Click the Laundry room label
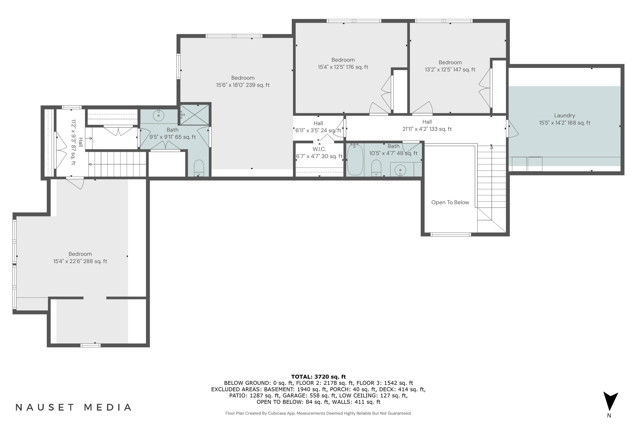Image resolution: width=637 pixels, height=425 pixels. [x=564, y=115]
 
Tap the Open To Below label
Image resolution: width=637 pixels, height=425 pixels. [x=450, y=202]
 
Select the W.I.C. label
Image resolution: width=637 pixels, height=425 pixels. [x=319, y=149]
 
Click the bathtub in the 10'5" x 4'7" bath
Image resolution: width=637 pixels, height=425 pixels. [x=355, y=160]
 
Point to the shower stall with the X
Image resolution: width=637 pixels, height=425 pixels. [x=194, y=115]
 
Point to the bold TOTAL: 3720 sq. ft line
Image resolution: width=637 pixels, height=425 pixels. [x=318, y=377]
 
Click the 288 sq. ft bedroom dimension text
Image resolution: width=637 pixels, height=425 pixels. [x=80, y=261]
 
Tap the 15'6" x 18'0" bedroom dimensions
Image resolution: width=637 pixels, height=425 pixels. [x=243, y=85]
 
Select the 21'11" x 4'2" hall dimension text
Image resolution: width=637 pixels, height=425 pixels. [x=427, y=129]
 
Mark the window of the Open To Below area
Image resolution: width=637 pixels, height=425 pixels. [x=450, y=234]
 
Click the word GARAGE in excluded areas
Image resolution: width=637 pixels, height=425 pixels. [x=294, y=395]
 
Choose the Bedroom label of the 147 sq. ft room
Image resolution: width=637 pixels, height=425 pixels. [x=450, y=62]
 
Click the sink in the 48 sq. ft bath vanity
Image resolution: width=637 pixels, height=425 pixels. [x=400, y=170]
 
